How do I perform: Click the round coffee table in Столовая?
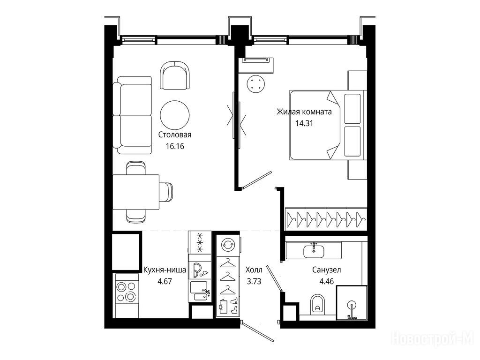(175, 115)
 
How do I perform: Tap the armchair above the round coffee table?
(174, 75)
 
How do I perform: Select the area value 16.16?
(175, 146)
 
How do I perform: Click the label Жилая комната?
(304, 112)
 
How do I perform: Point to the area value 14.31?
(304, 123)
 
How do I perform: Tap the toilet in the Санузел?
(318, 304)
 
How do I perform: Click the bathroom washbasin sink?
(314, 251)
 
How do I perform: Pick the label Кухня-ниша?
(165, 270)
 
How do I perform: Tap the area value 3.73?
(254, 281)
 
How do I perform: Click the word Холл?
(254, 270)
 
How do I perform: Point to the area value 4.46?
(326, 281)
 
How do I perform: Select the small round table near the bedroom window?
(255, 83)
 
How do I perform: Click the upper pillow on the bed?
(352, 108)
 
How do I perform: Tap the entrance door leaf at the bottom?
(257, 331)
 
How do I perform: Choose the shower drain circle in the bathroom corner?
(352, 306)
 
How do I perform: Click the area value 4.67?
(165, 281)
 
